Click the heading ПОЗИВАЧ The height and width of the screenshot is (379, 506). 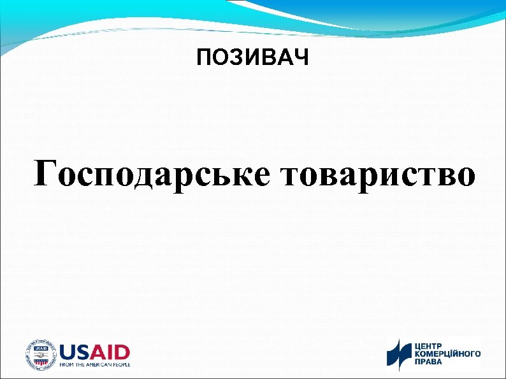(252, 59)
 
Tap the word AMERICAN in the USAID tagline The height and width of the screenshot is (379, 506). (96, 365)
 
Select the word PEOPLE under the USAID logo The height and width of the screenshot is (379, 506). (120, 365)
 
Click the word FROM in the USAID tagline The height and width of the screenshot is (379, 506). (67, 365)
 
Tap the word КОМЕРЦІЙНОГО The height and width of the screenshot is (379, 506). (448, 354)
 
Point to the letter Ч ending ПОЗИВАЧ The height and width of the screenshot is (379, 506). (301, 59)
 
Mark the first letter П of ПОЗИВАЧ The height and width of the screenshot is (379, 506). (203, 59)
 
